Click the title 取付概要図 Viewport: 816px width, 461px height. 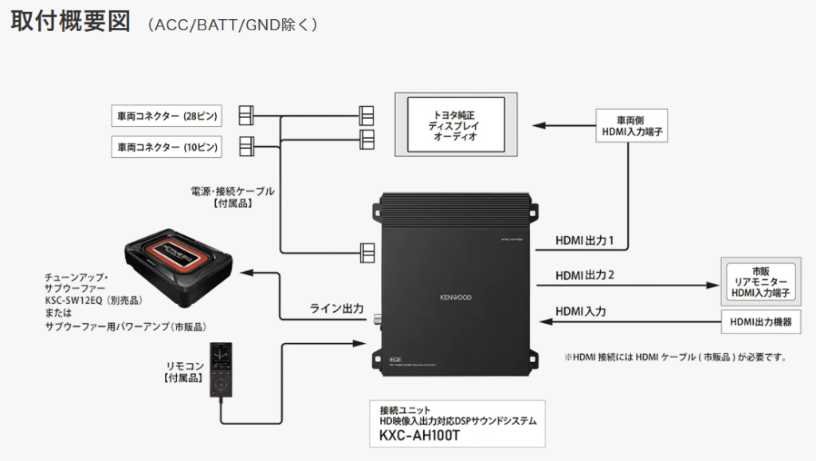tap(69, 22)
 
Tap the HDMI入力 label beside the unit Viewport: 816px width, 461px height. tap(580, 311)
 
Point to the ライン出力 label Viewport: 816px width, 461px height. tap(336, 308)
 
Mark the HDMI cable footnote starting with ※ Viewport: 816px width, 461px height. tap(675, 357)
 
